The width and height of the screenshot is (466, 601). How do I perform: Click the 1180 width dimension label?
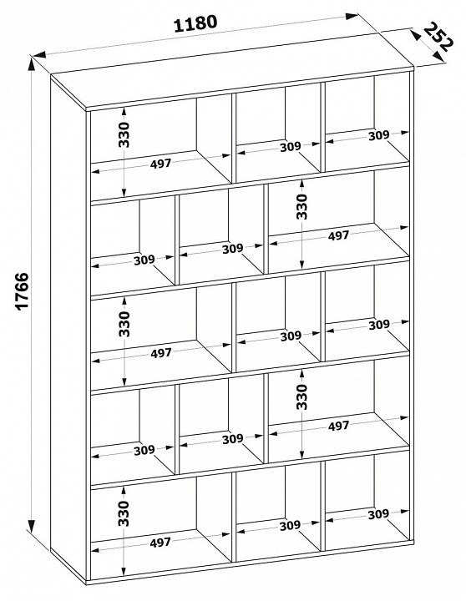(195, 23)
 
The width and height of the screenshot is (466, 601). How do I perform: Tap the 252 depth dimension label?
(439, 37)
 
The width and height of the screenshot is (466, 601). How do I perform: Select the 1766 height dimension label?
(23, 290)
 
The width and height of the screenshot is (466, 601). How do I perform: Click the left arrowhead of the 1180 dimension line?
(39, 54)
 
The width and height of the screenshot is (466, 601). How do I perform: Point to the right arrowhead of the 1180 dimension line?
(352, 16)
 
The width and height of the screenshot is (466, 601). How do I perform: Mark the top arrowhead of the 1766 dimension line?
(32, 66)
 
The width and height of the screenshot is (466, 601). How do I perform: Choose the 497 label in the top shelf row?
(160, 164)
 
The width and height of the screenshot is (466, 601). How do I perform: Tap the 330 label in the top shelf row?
(124, 134)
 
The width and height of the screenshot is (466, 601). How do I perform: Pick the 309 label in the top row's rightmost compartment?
(378, 135)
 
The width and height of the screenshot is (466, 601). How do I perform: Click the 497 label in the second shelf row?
(338, 235)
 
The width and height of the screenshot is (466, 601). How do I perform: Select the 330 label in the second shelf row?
(301, 206)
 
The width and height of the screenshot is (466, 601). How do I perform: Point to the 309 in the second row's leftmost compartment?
(144, 260)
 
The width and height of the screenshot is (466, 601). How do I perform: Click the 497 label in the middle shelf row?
(160, 353)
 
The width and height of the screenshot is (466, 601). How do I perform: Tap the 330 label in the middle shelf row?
(124, 324)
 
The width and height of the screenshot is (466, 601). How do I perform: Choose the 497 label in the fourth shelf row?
(338, 426)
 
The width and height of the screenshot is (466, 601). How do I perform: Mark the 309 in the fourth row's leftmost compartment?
(144, 450)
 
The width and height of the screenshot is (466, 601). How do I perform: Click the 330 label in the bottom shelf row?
(124, 513)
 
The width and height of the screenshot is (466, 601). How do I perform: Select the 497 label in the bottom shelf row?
(160, 543)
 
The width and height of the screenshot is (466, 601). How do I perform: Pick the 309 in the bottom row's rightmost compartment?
(378, 514)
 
